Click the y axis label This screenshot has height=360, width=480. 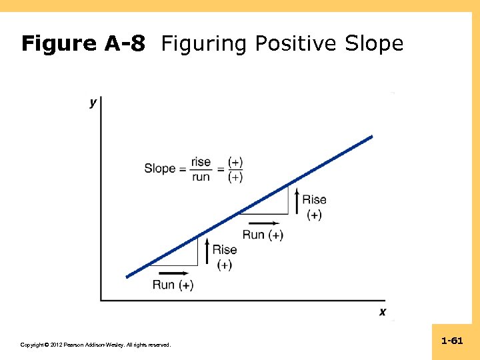click(93, 103)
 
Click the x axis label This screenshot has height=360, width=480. click(383, 311)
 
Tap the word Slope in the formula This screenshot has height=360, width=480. click(159, 169)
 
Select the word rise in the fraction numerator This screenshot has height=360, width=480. click(201, 161)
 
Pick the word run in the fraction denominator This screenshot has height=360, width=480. click(201, 177)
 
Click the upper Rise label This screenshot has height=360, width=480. click(314, 199)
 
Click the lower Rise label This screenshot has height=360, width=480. click(225, 249)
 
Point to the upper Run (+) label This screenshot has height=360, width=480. click(263, 235)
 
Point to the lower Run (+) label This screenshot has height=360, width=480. click(173, 285)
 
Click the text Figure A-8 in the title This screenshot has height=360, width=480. click(83, 44)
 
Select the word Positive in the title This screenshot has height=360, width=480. click(297, 44)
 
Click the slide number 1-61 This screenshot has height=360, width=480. click(452, 341)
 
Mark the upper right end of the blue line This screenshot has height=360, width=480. click(371, 137)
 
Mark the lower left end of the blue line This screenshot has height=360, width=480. click(127, 276)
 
